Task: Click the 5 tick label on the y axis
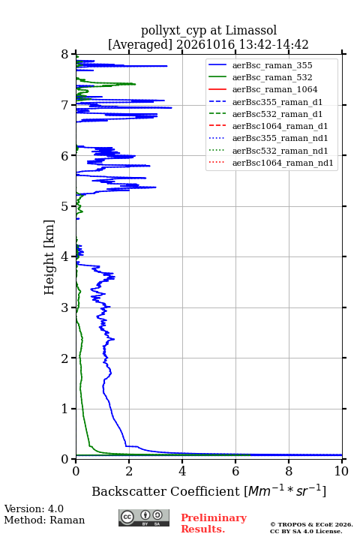pyautogui.click(x=65, y=206)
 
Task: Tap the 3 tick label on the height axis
pyautogui.click(x=65, y=307)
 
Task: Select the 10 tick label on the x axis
pyautogui.click(x=341, y=471)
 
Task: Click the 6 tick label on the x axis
pyautogui.click(x=235, y=471)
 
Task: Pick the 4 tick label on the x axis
pyautogui.click(x=182, y=471)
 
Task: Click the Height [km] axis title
pyautogui.click(x=49, y=257)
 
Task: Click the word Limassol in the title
pyautogui.click(x=251, y=30)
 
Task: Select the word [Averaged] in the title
pyautogui.click(x=140, y=45)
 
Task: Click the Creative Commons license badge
pyautogui.click(x=144, y=517)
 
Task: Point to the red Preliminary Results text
pyautogui.click(x=214, y=523)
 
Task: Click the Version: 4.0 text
pyautogui.click(x=34, y=508)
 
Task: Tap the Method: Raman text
pyautogui.click(x=44, y=520)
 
